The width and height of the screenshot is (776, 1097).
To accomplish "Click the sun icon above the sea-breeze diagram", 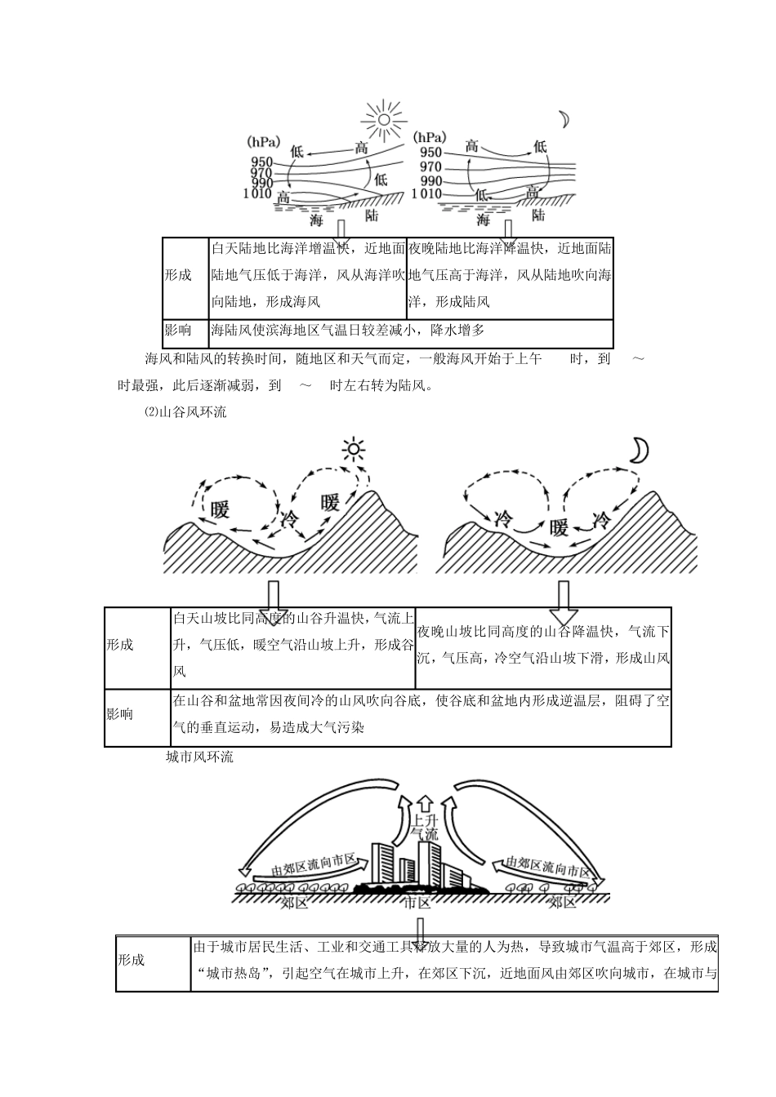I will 383,120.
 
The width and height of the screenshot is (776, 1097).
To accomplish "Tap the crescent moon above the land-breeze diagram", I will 564,119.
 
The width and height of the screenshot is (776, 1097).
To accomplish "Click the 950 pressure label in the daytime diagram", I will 262,162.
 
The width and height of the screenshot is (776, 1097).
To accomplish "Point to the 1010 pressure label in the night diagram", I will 426,194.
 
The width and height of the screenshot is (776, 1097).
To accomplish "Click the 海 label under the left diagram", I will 317,220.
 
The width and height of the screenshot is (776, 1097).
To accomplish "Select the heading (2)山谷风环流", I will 185,412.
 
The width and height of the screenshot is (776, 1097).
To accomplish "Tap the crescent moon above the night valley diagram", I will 639,449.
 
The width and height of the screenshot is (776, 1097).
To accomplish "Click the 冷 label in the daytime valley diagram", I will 290,518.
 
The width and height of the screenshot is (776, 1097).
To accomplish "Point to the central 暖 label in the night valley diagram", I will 559,527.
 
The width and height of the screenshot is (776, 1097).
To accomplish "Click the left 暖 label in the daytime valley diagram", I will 220,509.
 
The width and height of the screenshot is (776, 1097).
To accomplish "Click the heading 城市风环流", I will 199,757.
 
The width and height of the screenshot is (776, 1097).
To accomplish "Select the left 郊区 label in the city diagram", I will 294,902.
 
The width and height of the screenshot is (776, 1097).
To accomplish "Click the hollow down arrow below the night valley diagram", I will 564,602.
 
